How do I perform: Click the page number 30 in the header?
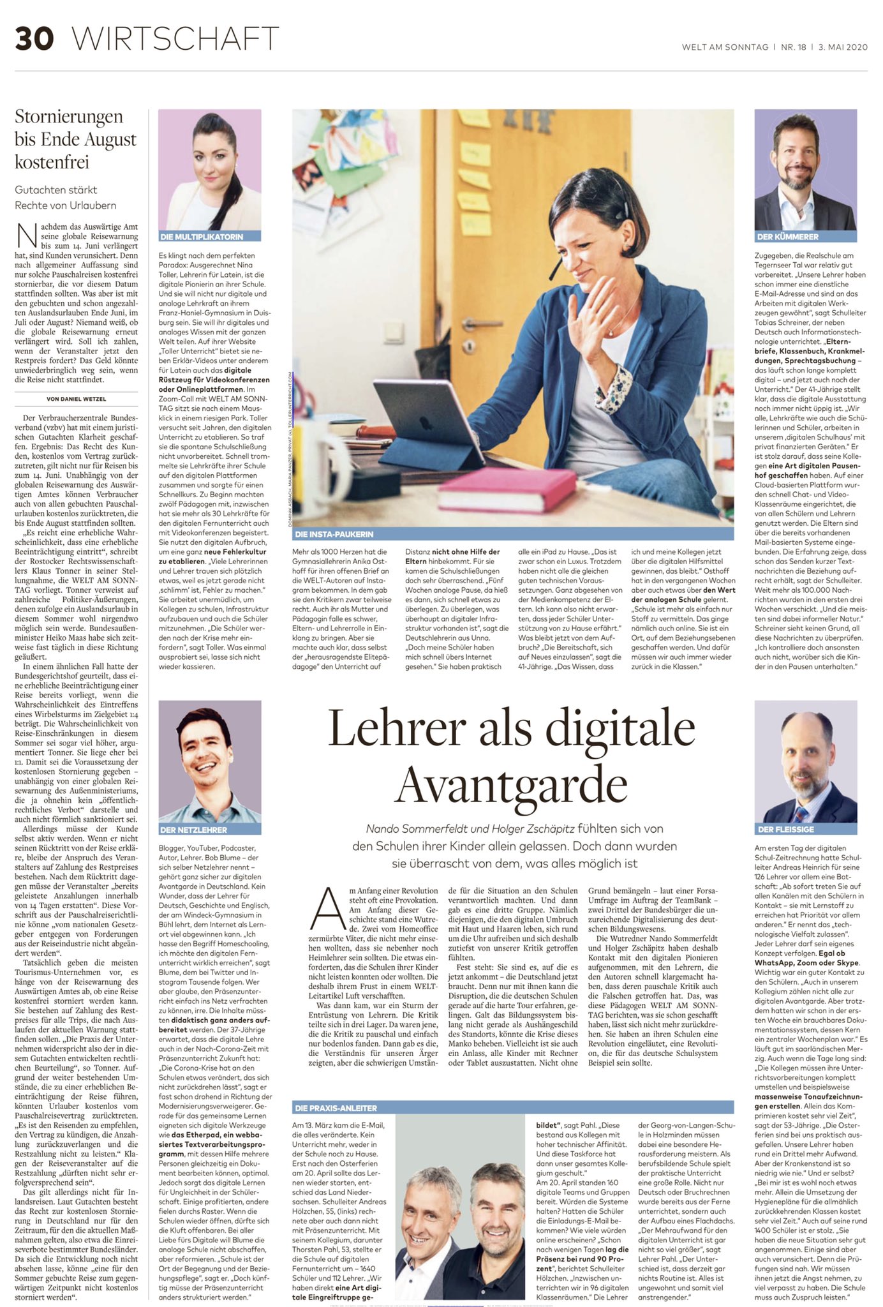click(x=34, y=39)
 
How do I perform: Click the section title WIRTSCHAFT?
click(x=175, y=39)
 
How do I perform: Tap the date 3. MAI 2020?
click(x=842, y=47)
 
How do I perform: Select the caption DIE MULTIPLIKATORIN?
click(x=202, y=237)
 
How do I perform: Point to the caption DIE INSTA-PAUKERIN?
click(x=334, y=534)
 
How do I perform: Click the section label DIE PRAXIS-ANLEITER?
click(x=335, y=1108)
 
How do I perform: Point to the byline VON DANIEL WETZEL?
click(x=76, y=400)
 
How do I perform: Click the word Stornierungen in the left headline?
click(x=69, y=117)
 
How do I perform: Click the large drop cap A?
click(x=328, y=909)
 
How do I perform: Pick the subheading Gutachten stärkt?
click(x=56, y=190)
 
